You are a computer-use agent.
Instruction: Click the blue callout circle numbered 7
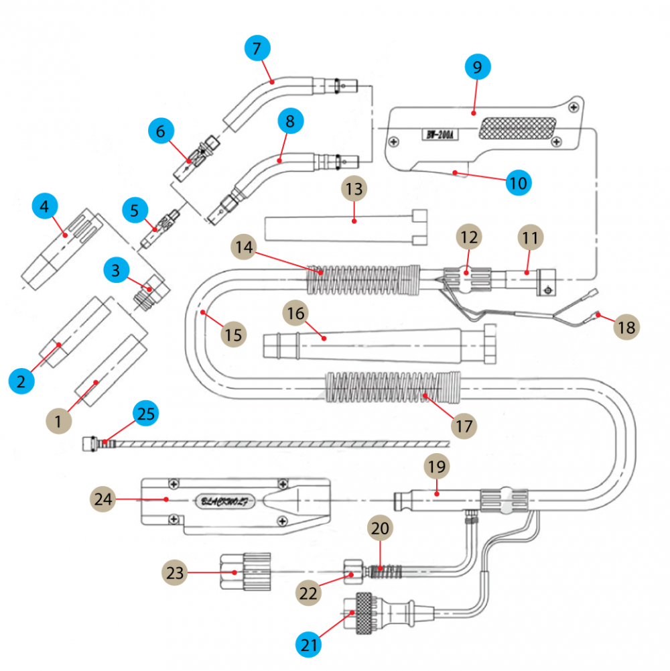click(x=257, y=48)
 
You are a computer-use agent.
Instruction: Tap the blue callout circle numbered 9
click(x=477, y=67)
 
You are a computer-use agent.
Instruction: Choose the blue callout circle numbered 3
click(x=116, y=270)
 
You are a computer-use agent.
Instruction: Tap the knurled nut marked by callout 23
click(x=247, y=572)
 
